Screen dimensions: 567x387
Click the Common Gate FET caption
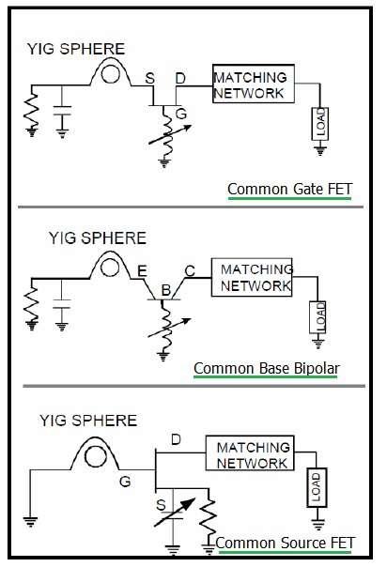290,189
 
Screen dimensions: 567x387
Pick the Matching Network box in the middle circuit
255,277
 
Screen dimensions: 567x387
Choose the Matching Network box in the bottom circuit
252,454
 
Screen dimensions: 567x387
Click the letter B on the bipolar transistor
165,292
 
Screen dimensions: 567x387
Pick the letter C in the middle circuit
190,270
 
